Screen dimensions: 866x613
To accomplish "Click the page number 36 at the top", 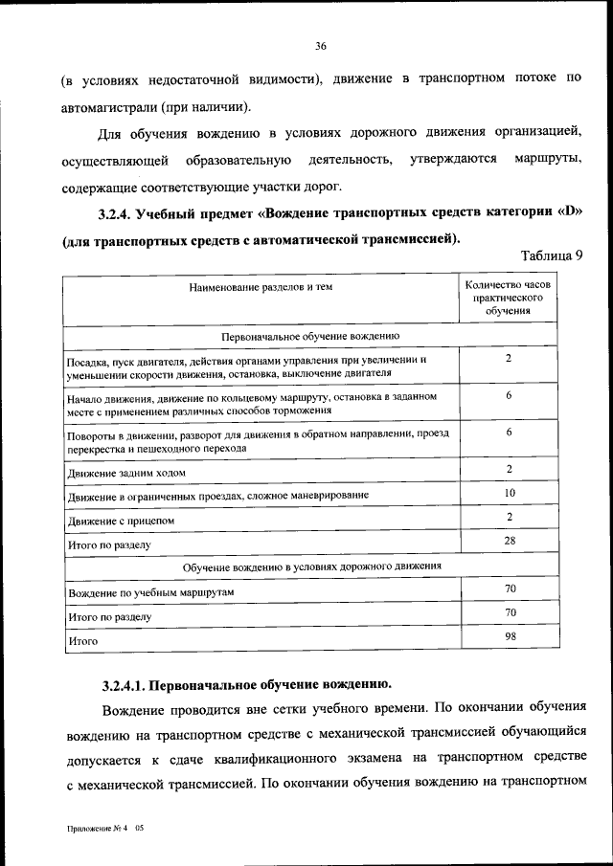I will tap(320, 45).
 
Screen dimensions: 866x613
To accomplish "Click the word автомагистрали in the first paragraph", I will tap(105, 106).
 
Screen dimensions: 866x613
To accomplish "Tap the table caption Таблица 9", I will tap(552, 255).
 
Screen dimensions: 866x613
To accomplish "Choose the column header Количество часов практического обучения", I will tap(509, 298).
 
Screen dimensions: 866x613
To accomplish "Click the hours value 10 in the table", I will tap(510, 493).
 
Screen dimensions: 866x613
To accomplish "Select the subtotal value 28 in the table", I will tap(510, 541).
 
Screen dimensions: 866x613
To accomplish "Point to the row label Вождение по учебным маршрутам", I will tap(151, 593).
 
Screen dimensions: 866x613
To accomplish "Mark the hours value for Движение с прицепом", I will tap(510, 517).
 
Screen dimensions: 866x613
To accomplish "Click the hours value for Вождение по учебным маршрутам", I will tap(510, 588).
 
